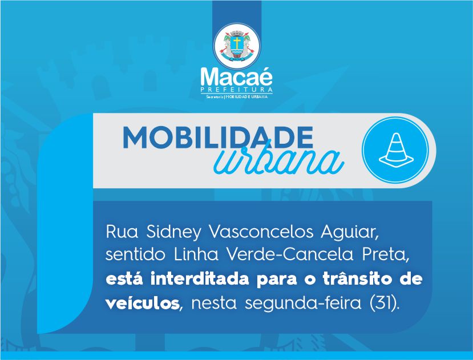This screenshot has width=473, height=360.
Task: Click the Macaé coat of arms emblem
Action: (237, 46)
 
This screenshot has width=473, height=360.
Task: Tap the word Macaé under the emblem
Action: (237, 77)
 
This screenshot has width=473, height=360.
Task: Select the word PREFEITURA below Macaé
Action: (237, 90)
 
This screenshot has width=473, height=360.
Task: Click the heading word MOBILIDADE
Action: (218, 137)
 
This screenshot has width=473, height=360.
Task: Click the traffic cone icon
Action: (396, 150)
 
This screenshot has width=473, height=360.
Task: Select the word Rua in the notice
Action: (122, 232)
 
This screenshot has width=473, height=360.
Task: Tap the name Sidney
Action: (173, 233)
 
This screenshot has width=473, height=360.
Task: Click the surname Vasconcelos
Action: (261, 232)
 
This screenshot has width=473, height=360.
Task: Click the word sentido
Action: (135, 255)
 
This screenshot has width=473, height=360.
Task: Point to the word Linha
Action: (196, 255)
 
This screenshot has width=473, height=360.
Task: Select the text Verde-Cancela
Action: (290, 255)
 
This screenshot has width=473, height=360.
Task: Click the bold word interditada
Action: (200, 279)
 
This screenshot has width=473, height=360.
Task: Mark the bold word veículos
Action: (143, 303)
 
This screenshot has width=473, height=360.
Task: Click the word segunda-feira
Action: (303, 304)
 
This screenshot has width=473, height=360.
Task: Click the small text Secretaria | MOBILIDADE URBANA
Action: (237, 97)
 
